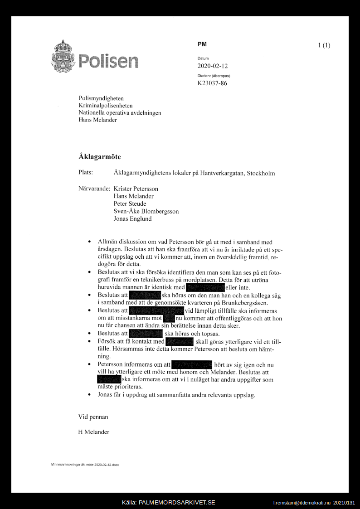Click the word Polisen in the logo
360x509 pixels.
click(108, 61)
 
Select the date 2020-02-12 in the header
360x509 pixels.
click(213, 66)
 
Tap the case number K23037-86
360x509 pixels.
click(212, 83)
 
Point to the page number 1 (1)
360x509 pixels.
click(324, 45)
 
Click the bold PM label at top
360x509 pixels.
click(202, 44)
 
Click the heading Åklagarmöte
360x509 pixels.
click(100, 157)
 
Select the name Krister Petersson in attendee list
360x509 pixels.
click(136, 189)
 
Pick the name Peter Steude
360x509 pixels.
click(130, 204)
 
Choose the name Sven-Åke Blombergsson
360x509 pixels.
click(146, 211)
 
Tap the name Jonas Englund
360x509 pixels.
click(132, 218)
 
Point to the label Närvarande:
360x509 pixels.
click(94, 189)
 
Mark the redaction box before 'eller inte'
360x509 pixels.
click(205, 287)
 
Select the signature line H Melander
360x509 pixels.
click(94, 432)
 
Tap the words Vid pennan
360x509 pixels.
click(93, 417)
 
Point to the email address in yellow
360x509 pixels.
click(302, 503)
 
